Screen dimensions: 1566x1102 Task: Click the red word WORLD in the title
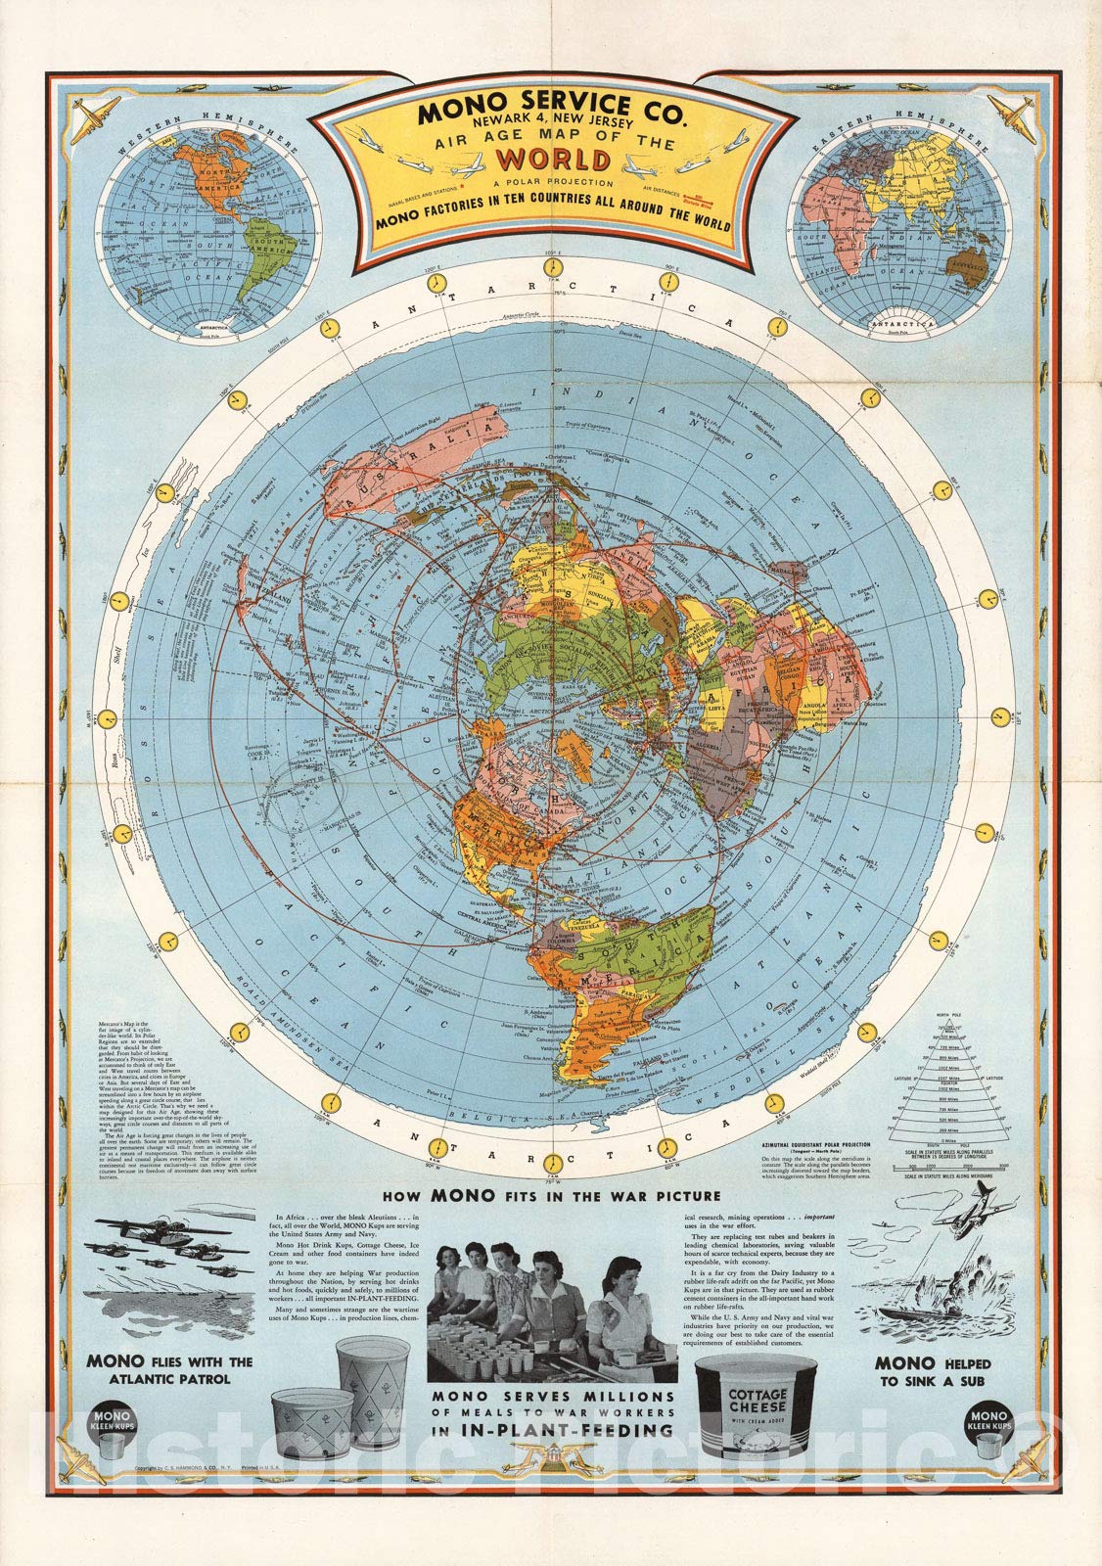pos(551,159)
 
